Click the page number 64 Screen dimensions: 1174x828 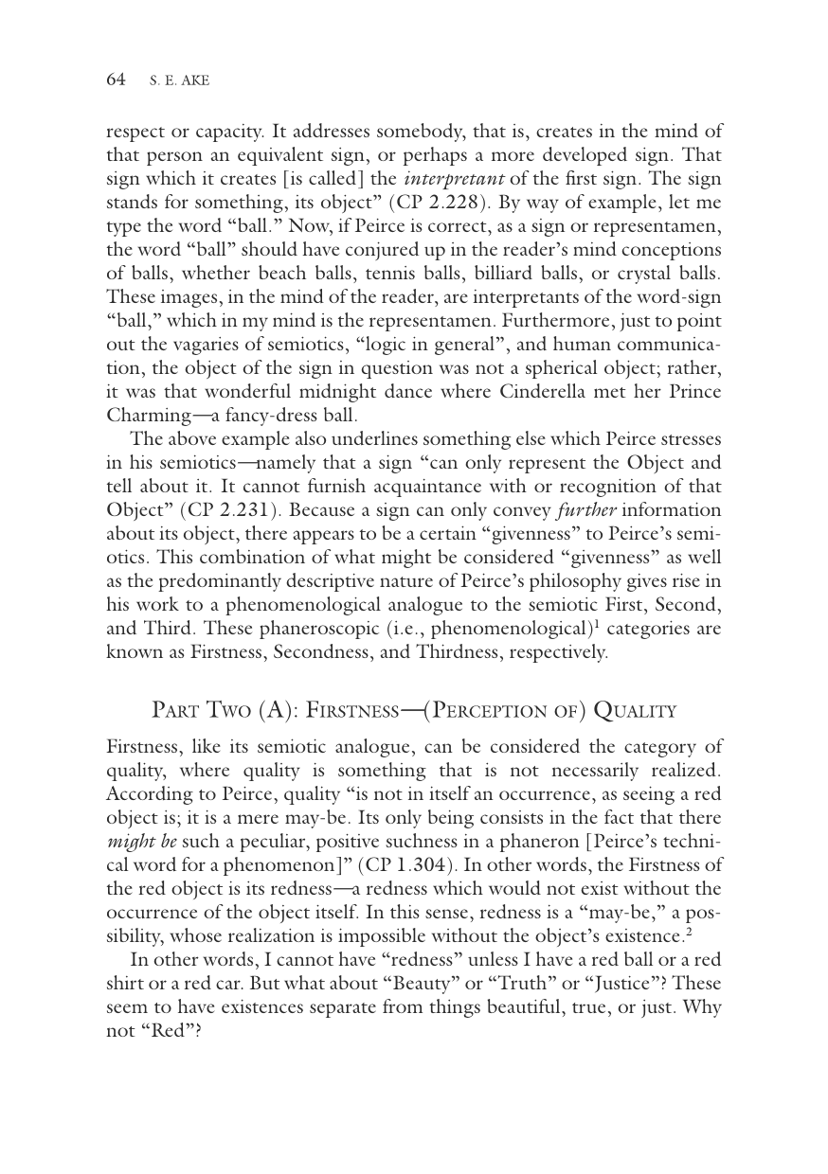pos(116,80)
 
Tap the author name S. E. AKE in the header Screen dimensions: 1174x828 pos(179,81)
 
